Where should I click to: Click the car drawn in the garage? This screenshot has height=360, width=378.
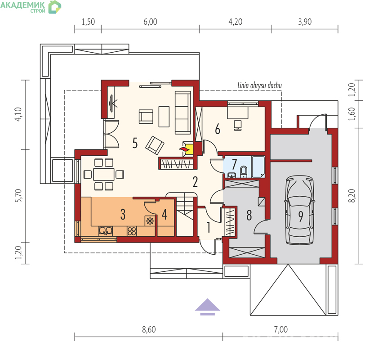pyautogui.click(x=300, y=210)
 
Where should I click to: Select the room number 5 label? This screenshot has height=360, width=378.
pyautogui.click(x=135, y=143)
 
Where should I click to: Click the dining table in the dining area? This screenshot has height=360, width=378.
pyautogui.click(x=104, y=174)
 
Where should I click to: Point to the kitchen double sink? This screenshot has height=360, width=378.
pyautogui.click(x=106, y=231)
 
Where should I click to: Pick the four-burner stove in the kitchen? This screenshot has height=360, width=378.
pyautogui.click(x=132, y=231)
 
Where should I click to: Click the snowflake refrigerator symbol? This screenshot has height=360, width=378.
pyautogui.click(x=150, y=221)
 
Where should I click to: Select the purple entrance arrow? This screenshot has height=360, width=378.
pyautogui.click(x=207, y=307)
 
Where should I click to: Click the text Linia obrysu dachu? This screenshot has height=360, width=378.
pyautogui.click(x=259, y=85)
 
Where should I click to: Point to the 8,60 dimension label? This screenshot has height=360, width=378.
pyautogui.click(x=149, y=329)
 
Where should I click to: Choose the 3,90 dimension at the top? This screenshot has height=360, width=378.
pyautogui.click(x=305, y=22)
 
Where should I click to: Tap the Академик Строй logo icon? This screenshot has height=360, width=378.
pyautogui.click(x=55, y=7)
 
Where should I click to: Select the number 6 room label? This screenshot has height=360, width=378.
pyautogui.click(x=218, y=129)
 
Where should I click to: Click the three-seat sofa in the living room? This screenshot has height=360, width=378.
pyautogui.click(x=183, y=112)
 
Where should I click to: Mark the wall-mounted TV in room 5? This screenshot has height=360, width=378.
pyautogui.click(x=112, y=103)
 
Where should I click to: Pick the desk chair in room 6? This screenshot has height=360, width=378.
pyautogui.click(x=238, y=125)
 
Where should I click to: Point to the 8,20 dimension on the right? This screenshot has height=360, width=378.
pyautogui.click(x=352, y=196)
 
